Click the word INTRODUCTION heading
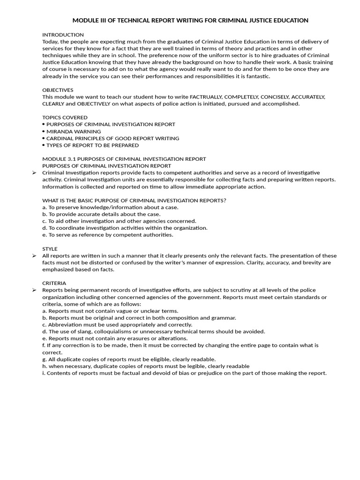63,35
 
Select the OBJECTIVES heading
58,90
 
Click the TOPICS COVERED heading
65,117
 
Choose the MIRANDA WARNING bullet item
74,131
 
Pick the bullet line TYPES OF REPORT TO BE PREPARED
92,145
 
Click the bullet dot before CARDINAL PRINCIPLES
44,138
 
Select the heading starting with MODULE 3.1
124,159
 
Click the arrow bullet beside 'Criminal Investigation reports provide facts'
34,173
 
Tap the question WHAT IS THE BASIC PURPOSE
134,200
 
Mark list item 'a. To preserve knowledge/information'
110,207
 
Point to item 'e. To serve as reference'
108,235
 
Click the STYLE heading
50,249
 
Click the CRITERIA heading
54,283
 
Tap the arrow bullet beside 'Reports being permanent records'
34,290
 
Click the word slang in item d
75,331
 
